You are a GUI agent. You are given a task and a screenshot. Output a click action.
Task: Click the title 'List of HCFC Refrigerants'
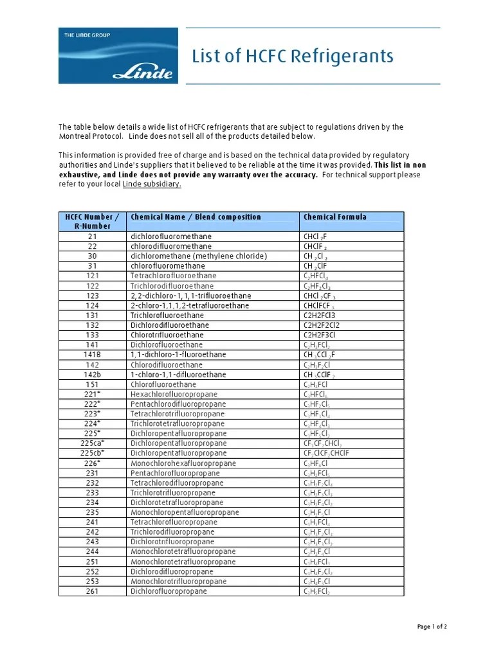(293, 57)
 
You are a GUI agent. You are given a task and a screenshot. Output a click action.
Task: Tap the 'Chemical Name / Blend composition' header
(196, 217)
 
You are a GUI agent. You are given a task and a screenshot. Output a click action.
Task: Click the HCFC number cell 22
(92, 246)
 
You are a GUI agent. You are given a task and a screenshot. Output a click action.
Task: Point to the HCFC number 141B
(92, 355)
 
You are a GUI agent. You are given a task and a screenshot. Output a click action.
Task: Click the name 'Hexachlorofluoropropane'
(174, 394)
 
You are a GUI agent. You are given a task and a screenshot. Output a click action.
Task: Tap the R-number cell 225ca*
(92, 443)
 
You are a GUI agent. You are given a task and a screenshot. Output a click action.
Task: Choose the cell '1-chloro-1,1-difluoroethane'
(178, 375)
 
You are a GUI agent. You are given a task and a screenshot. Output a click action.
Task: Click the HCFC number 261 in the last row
(92, 591)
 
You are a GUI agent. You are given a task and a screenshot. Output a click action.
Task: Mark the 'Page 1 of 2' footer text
(432, 627)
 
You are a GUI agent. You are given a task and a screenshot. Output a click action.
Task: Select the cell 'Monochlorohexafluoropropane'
(183, 463)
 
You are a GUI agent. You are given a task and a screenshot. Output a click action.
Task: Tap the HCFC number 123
(92, 296)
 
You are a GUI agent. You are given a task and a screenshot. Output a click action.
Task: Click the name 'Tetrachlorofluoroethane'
(173, 276)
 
